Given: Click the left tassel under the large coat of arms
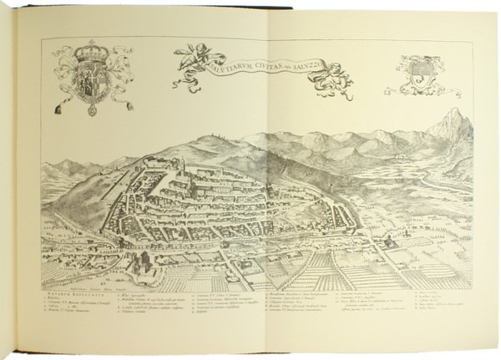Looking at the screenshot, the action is pyautogui.click(x=63, y=106).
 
